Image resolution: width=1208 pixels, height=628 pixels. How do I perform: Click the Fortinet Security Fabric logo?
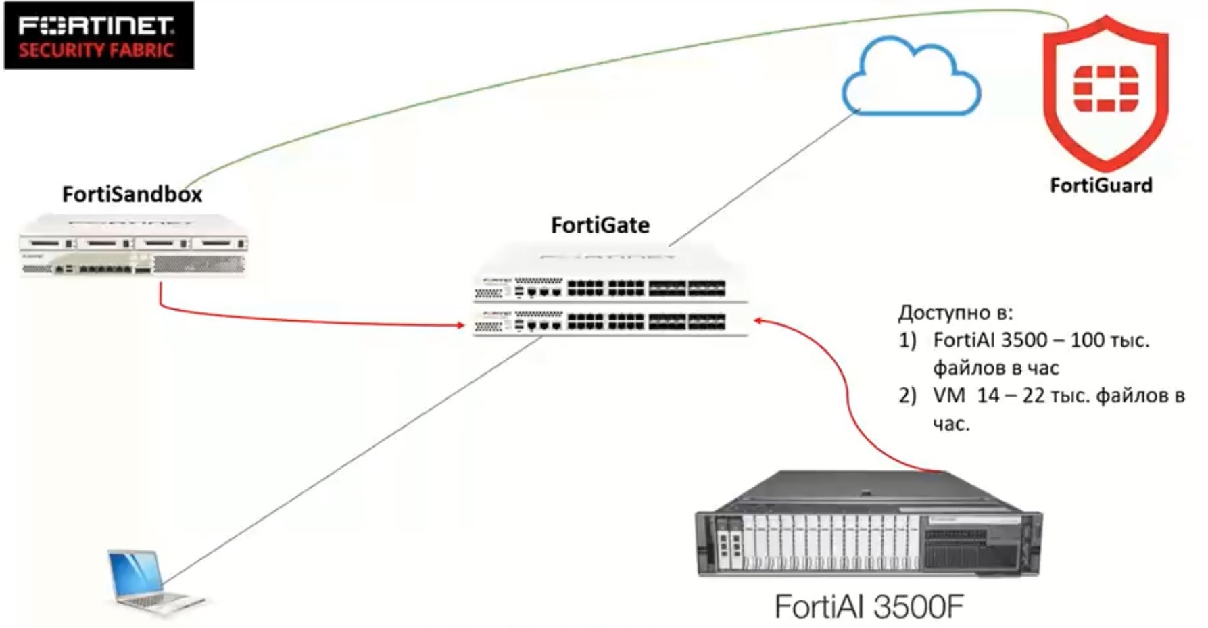pyautogui.click(x=99, y=36)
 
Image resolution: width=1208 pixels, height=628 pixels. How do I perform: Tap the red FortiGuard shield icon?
pyautogui.click(x=1105, y=91)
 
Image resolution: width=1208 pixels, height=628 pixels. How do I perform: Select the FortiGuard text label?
pyautogui.click(x=1101, y=185)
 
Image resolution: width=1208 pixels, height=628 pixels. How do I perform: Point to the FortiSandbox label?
pyautogui.click(x=132, y=195)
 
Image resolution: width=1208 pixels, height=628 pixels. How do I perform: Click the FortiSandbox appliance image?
pyautogui.click(x=133, y=245)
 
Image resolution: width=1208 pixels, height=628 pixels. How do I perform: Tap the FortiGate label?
pyautogui.click(x=600, y=225)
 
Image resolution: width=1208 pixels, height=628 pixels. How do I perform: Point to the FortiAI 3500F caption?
pyautogui.click(x=869, y=606)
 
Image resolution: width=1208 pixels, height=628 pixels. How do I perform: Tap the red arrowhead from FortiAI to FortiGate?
pyautogui.click(x=759, y=320)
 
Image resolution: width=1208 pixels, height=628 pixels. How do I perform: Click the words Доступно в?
pyautogui.click(x=955, y=313)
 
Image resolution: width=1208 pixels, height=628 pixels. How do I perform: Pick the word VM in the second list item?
pyautogui.click(x=949, y=395)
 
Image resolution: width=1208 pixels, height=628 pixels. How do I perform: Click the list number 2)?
pyautogui.click(x=907, y=395)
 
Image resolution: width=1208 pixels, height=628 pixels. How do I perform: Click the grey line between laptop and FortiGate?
pyautogui.click(x=352, y=460)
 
